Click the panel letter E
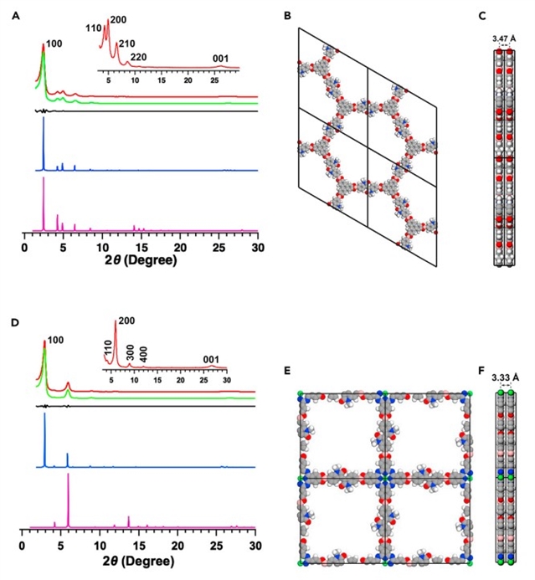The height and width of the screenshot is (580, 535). pos(288,369)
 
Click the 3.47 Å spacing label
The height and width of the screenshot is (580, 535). pos(503,38)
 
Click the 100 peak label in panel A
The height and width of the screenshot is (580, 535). pos(54,44)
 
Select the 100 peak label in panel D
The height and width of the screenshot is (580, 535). pos(54,341)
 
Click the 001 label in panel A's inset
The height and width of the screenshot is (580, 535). pos(220,58)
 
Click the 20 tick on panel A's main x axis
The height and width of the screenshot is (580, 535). pos(180,248)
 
